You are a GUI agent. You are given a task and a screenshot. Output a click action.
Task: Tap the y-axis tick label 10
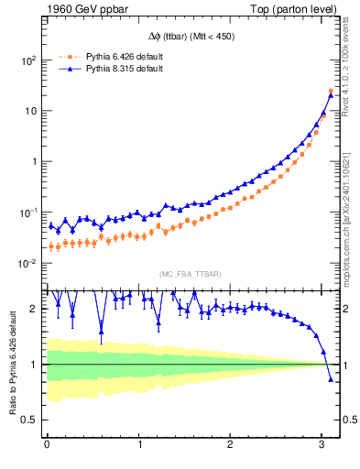pyautogui.click(x=30, y=111)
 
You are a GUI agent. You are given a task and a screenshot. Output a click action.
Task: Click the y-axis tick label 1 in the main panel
pyautogui.click(x=34, y=161)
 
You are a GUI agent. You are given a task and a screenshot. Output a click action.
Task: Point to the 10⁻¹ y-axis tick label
pyautogui.click(x=27, y=212)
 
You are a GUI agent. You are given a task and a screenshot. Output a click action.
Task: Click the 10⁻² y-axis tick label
pyautogui.click(x=27, y=263)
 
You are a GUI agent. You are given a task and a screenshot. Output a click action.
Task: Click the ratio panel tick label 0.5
pyautogui.click(x=29, y=420)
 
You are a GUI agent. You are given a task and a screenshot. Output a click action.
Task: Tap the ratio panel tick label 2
pyautogui.click(x=34, y=309)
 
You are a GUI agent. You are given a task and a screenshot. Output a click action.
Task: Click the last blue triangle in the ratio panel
pyautogui.click(x=331, y=378)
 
